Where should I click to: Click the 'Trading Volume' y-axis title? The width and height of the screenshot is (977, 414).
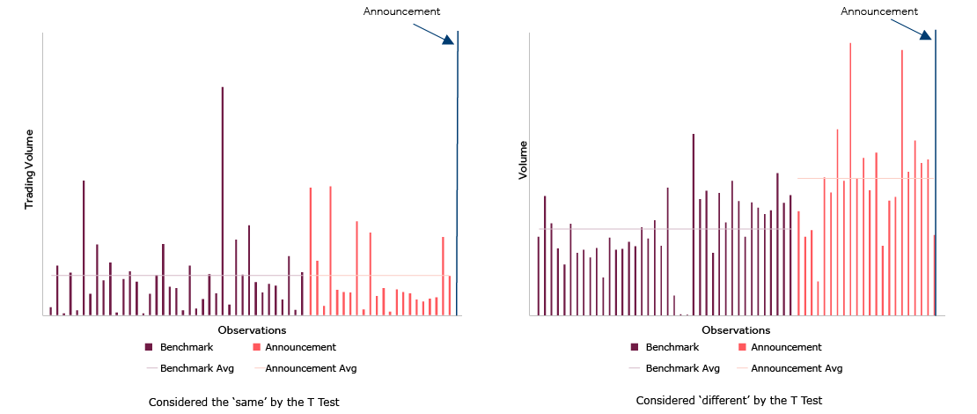click(29, 169)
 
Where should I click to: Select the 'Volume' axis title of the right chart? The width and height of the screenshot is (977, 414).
click(523, 159)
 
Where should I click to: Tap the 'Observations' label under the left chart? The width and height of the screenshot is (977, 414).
click(253, 330)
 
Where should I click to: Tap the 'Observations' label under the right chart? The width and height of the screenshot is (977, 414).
click(738, 330)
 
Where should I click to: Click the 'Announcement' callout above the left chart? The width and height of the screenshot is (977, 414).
click(401, 11)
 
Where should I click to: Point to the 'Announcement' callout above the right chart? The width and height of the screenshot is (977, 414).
click(879, 11)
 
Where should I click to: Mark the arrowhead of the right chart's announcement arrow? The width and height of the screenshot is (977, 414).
click(926, 34)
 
